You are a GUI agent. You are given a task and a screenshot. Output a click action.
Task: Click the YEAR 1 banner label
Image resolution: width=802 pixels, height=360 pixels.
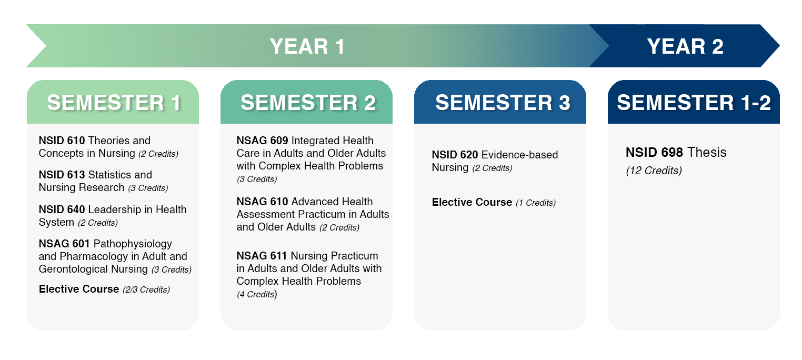pos(307,46)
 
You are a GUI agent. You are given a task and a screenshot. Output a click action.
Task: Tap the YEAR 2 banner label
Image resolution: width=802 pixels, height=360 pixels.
pos(685,46)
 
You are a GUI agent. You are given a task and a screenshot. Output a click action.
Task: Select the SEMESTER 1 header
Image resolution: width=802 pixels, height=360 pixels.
pos(114,103)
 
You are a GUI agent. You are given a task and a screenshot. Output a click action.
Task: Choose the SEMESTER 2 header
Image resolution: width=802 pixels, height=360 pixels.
pos(308,103)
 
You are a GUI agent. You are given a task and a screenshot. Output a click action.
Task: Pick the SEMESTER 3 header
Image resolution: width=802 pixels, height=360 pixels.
pos(503,103)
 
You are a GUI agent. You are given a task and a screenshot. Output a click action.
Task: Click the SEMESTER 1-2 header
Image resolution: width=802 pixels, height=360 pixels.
pos(694,103)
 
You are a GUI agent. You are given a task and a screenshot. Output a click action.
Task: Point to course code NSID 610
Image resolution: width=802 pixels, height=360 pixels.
pos(62,141)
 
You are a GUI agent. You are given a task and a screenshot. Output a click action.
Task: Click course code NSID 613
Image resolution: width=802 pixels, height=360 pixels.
pos(62,175)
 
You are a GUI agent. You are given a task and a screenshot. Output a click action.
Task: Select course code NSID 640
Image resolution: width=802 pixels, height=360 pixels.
pos(62,209)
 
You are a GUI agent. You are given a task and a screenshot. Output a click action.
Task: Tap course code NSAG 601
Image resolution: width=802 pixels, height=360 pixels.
pos(64,244)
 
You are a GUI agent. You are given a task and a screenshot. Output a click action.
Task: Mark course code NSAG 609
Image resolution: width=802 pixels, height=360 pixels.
pos(262,141)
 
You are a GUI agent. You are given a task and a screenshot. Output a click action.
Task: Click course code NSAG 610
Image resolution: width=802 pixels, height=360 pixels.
pos(262,201)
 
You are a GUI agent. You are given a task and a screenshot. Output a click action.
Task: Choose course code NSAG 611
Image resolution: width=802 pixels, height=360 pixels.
pos(262,256)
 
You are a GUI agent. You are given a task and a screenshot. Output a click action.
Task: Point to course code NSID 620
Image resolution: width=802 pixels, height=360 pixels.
pos(455,155)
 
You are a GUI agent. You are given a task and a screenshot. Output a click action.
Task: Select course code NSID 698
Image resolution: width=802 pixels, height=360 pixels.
pos(654,152)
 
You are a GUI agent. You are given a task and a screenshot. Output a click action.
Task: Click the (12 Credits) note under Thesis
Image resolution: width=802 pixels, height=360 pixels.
pos(654,171)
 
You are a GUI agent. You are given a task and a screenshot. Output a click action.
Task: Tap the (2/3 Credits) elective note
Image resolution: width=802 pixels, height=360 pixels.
pos(146,289)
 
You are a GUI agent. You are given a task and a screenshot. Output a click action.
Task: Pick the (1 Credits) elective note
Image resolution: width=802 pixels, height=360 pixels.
pos(536,203)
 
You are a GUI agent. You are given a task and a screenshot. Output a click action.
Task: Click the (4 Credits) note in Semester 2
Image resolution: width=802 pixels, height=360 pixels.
pos(257,294)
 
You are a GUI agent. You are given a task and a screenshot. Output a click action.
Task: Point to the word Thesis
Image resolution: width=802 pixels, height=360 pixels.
pos(707,152)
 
